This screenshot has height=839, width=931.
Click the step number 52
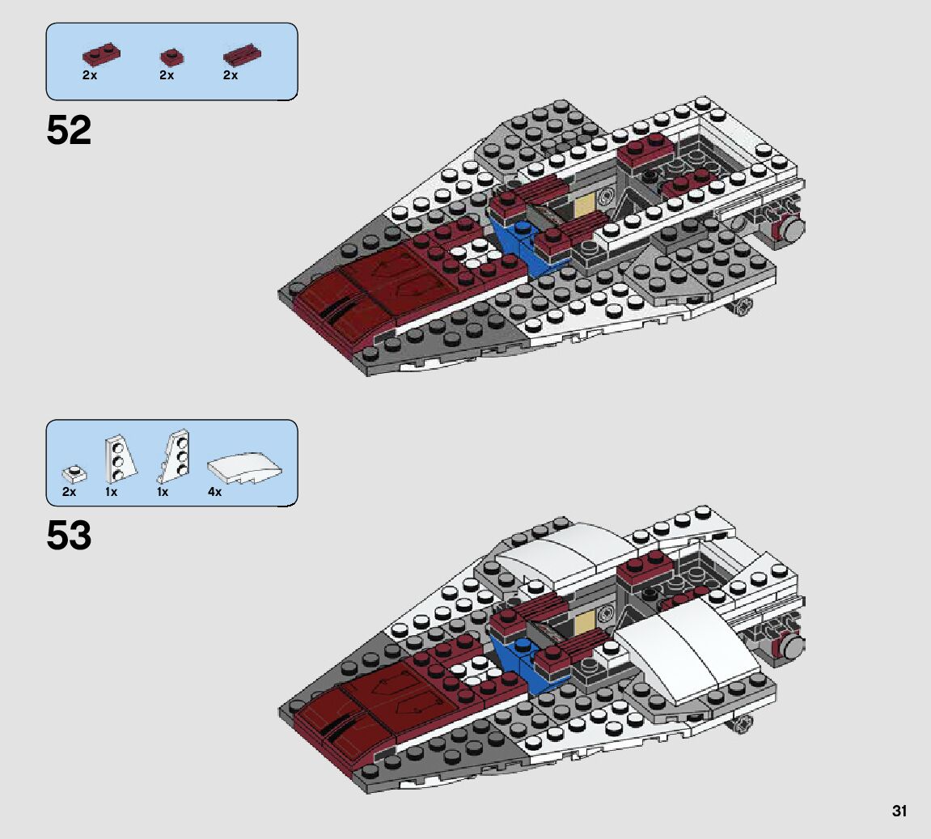click(69, 130)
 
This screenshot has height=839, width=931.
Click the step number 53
click(69, 536)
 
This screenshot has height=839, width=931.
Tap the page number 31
click(899, 810)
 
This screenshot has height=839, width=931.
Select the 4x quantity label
click(214, 491)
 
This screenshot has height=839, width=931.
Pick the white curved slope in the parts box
click(246, 470)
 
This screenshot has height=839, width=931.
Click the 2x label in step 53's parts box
click(69, 491)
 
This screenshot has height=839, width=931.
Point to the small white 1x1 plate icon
click(74, 472)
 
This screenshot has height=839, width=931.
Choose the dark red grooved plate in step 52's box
click(242, 56)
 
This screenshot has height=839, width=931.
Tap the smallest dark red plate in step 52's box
click(170, 57)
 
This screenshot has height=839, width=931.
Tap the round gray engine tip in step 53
click(793, 646)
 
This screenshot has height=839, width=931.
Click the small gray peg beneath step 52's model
click(743, 306)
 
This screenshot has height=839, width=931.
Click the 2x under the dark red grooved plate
click(231, 74)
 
